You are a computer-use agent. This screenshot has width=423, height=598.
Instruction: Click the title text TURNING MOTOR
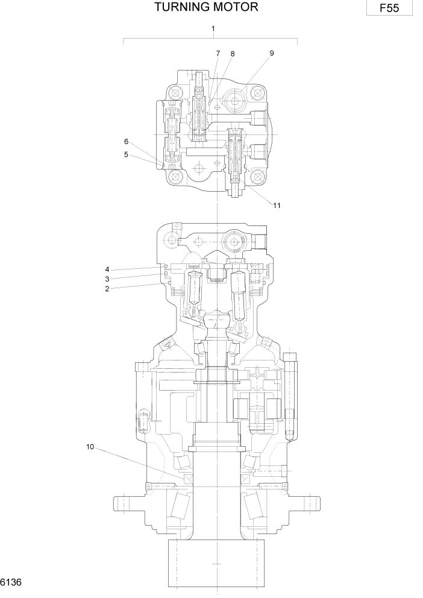[x=206, y=7]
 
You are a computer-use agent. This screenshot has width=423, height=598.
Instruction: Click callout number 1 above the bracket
[x=213, y=28]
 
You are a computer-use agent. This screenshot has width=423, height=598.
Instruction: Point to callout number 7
[x=218, y=54]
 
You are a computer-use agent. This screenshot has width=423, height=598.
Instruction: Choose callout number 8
[x=232, y=54]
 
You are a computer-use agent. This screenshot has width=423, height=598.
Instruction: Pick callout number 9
[x=272, y=53]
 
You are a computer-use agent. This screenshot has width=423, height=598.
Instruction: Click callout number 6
[x=126, y=142]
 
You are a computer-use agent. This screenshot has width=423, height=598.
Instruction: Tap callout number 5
[x=126, y=154]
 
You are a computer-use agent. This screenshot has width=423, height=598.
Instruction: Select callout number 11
[x=277, y=205]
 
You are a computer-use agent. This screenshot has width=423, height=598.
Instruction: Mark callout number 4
[x=107, y=269]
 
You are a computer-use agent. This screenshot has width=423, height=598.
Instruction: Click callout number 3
[x=107, y=279]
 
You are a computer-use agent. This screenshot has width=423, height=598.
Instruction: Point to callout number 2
[x=107, y=289]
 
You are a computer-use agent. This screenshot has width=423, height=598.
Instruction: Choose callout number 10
[x=90, y=447]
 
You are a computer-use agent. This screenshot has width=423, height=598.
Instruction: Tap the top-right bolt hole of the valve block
[x=257, y=93]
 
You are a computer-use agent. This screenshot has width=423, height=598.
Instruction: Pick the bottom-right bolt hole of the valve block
[x=257, y=176]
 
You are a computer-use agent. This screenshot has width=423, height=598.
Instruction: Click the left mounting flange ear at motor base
[x=124, y=502]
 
